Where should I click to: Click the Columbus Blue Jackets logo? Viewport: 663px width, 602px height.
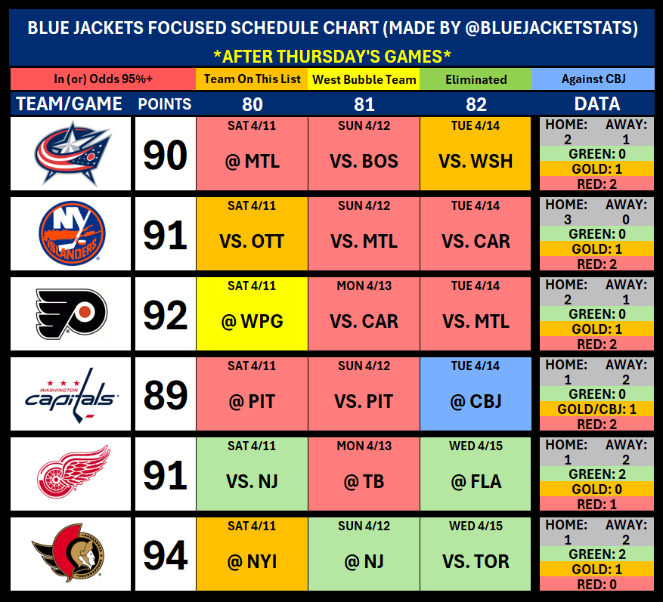pos(72,153)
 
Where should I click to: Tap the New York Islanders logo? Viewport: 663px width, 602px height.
pos(72,233)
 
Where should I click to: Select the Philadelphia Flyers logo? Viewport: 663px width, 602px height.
pos(72,313)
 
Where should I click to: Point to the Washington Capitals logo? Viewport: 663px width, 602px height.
pos(72,394)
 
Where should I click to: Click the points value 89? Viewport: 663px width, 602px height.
pos(165,394)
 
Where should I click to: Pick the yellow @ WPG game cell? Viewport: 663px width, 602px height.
pos(252,313)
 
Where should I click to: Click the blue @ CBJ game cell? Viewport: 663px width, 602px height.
pos(476,394)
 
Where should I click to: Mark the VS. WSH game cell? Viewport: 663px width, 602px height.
pos(476,153)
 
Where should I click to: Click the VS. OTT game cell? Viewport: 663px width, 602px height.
pos(252,233)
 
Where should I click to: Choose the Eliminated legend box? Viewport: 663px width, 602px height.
pos(476,79)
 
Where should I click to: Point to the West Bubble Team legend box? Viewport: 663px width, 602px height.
pos(364,79)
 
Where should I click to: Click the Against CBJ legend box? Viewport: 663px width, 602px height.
pos(593,79)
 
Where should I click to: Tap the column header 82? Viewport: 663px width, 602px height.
pos(476,103)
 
